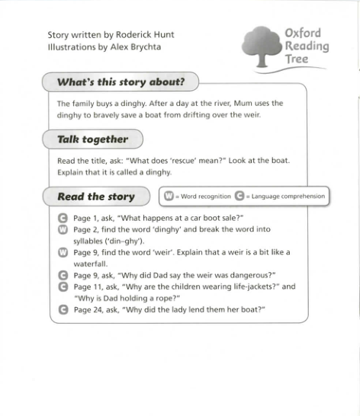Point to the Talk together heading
92,139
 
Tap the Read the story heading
95,197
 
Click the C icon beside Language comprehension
239,197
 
